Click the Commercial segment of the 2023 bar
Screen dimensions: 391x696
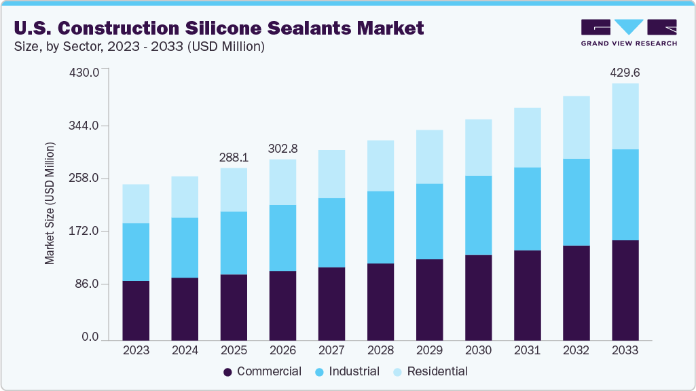[136, 310]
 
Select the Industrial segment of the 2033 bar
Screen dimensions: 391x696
[625, 195]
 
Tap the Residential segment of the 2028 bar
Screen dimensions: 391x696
[380, 166]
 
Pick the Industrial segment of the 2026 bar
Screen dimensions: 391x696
[282, 238]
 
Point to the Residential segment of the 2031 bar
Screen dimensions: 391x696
[527, 138]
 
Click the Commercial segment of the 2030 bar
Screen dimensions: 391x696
[478, 297]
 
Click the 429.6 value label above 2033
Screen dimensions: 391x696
[625, 72]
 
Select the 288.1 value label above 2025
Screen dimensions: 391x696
[234, 157]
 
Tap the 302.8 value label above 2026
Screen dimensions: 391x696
[282, 148]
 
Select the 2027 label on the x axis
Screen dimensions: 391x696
[331, 350]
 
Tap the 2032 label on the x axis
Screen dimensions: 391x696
[576, 350]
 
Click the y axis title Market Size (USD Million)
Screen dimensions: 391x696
[50, 204]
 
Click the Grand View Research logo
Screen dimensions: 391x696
[628, 32]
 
